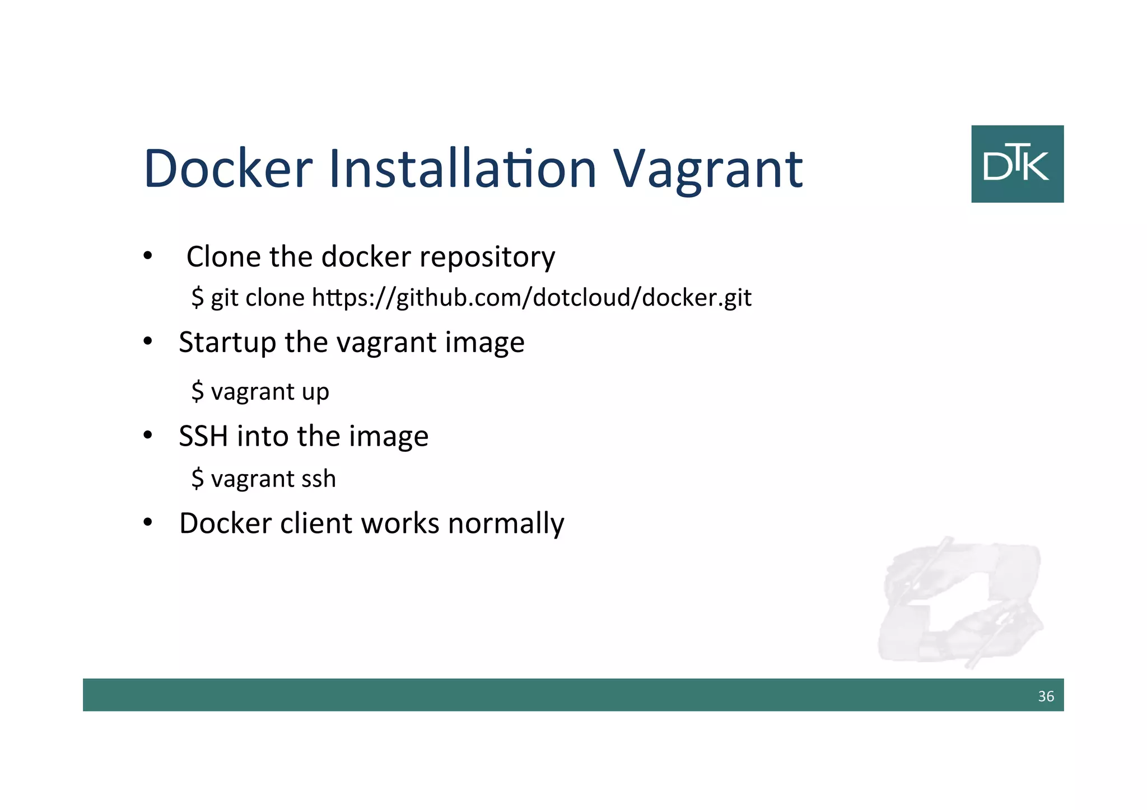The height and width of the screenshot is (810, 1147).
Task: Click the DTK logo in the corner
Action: pos(1017,163)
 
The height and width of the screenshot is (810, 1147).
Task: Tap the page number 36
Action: pos(1046,696)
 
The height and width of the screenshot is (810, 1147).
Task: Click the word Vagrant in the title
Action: pos(708,169)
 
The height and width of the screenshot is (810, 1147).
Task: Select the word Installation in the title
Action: pos(463,169)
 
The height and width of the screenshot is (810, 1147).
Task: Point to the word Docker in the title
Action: pos(228,169)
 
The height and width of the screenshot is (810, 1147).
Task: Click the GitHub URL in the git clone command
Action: pos(531,297)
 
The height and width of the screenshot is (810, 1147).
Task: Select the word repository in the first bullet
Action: pos(487,257)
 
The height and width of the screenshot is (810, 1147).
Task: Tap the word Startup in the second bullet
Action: pos(227,343)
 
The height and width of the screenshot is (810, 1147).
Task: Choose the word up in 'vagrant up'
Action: pos(315,392)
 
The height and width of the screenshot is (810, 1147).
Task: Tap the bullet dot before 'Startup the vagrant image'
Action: pos(147,341)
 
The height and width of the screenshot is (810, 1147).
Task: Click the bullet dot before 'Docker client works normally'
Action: pos(147,523)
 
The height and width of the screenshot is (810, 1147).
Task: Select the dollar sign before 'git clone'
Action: pos(197,297)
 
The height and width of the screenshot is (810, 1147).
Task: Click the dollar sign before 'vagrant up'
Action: pos(197,391)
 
